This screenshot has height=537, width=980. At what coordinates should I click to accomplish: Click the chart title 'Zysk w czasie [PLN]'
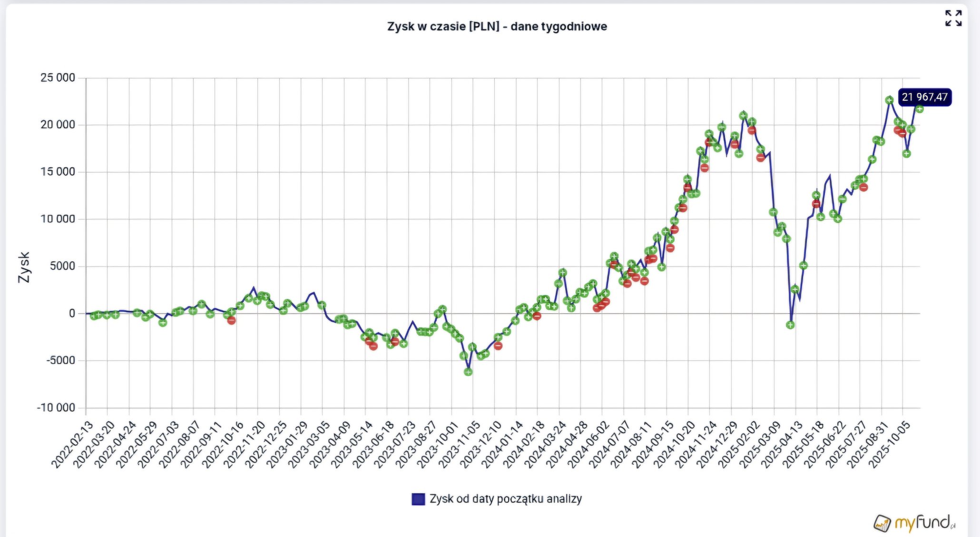[x=497, y=26]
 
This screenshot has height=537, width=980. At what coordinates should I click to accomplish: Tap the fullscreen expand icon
[x=953, y=19]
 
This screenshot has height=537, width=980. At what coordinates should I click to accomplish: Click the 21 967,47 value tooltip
[x=924, y=97]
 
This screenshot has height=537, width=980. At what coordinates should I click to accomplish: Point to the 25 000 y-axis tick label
[x=58, y=77]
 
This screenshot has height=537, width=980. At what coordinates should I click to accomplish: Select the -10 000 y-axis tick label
[x=56, y=408]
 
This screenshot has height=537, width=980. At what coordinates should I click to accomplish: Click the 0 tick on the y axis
[x=72, y=313]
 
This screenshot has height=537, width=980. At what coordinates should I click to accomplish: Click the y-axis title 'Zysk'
[x=24, y=267]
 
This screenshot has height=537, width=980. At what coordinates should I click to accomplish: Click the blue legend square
[x=418, y=499]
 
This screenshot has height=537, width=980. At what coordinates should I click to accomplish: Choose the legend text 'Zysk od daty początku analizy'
[x=505, y=499]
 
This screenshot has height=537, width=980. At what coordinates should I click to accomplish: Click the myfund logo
[x=914, y=523]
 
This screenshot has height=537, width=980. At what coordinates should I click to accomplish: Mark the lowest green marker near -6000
[x=468, y=372]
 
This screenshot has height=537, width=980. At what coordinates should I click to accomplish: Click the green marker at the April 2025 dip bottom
[x=790, y=325]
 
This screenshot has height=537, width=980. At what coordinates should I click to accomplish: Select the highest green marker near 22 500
[x=889, y=100]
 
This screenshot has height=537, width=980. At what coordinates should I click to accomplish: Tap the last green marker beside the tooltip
[x=920, y=109]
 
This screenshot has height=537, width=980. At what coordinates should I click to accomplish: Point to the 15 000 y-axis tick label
[x=58, y=172]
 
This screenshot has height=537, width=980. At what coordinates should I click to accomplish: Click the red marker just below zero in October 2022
[x=231, y=321]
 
